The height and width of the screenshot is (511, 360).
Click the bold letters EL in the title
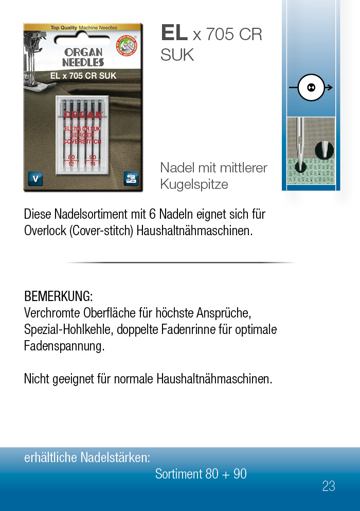coord(174,33)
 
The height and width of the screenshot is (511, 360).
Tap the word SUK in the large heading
coord(177,55)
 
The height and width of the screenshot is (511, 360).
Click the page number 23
coord(329,486)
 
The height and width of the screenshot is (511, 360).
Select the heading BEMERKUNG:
coord(58,296)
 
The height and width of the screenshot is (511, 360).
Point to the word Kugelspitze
coord(194,184)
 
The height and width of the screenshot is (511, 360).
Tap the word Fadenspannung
coord(64,346)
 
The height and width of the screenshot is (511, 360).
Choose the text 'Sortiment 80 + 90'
coord(201,474)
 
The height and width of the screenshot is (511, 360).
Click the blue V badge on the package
coord(35,179)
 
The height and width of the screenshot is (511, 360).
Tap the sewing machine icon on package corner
coord(131,179)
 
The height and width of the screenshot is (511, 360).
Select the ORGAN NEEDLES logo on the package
coord(83,57)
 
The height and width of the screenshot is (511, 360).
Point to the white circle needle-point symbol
coord(311,87)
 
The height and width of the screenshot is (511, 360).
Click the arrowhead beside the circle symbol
coord(329,87)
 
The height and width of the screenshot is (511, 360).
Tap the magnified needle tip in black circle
coord(325,149)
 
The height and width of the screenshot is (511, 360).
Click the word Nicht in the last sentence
coord(37,379)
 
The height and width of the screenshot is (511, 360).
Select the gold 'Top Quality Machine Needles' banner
coord(83,27)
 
